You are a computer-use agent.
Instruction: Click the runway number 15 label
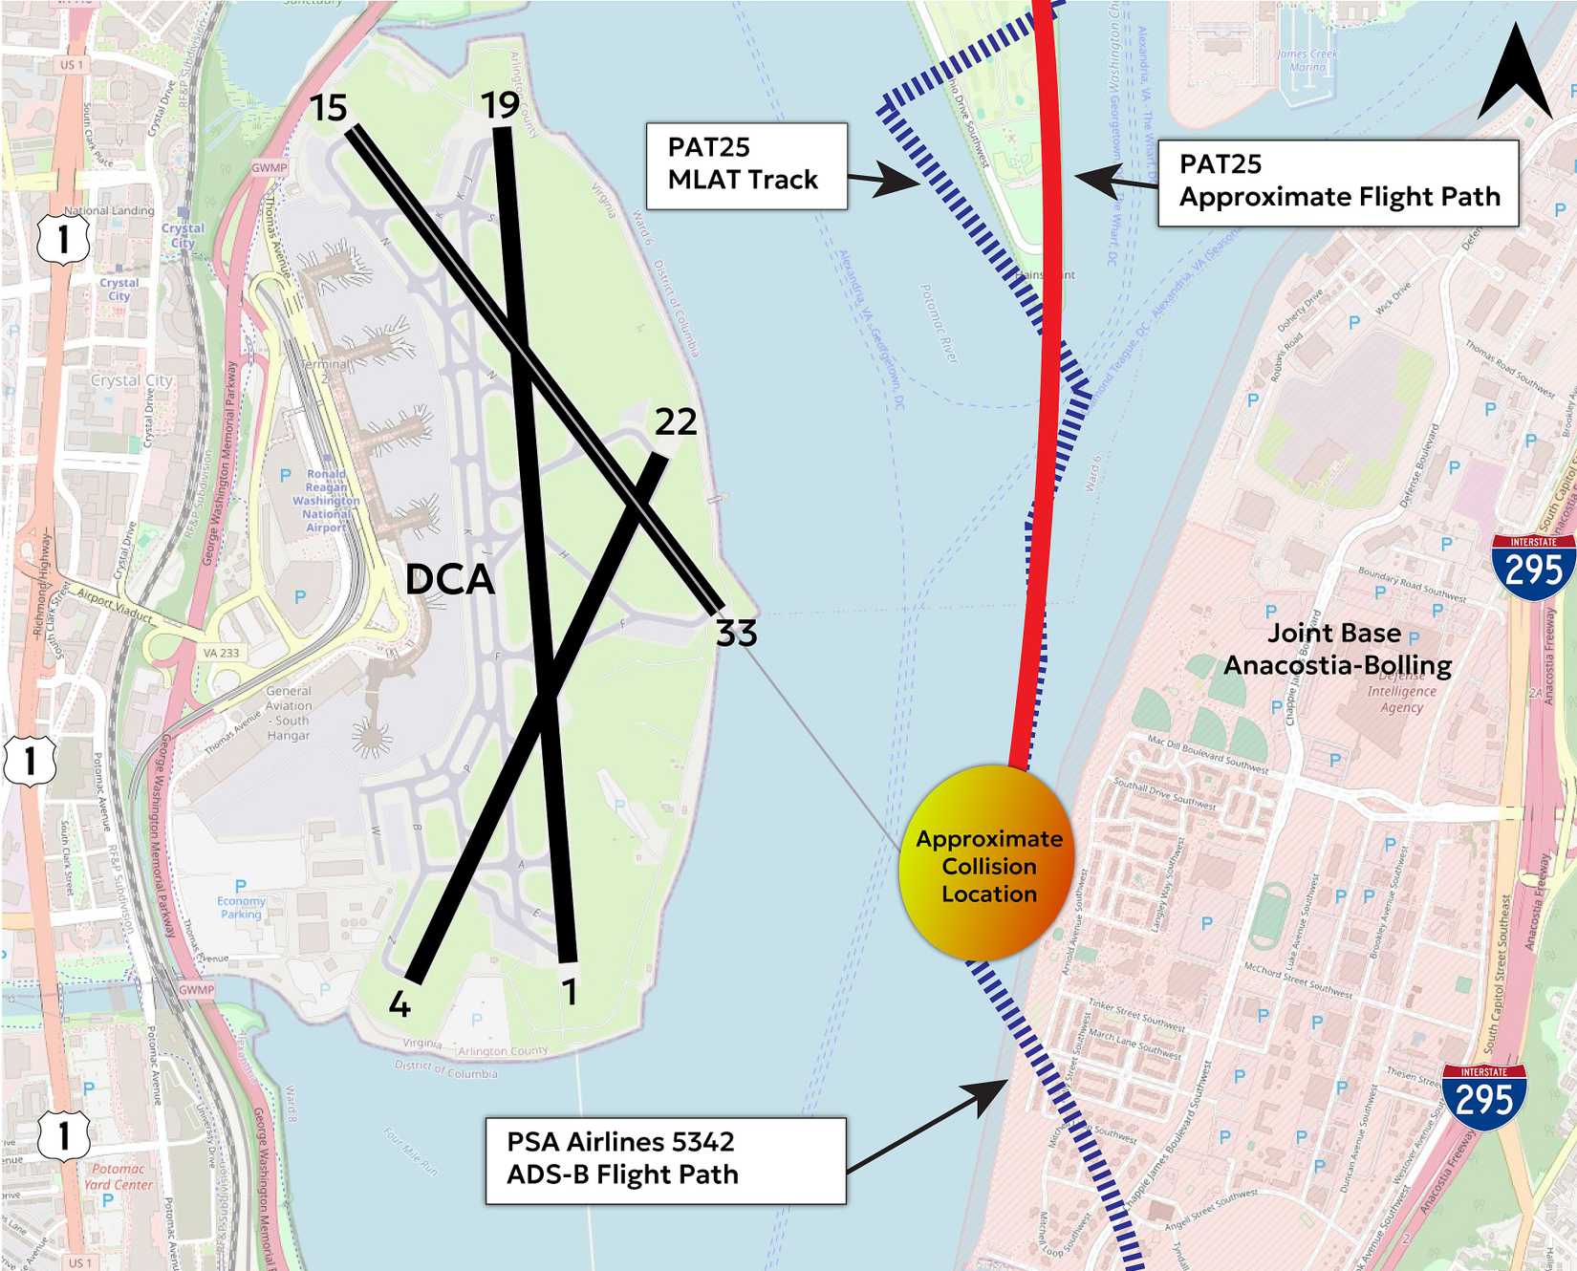coord(329,108)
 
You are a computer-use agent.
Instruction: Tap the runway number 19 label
coord(500,105)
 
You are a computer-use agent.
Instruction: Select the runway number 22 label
coord(676,421)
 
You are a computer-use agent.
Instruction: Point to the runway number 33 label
coord(737,633)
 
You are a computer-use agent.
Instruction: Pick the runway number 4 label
coord(400,1004)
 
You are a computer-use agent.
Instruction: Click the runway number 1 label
coord(570,993)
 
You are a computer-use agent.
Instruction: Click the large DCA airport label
coord(449,579)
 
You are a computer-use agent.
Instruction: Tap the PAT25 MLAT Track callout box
coord(746,165)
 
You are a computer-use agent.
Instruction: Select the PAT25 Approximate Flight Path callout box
coord(1338,183)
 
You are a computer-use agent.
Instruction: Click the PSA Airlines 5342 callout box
coord(666,1159)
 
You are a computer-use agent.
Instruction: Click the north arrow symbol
coord(1514,75)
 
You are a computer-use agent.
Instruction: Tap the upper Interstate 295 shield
coord(1532,568)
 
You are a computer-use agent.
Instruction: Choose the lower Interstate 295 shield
coord(1483,1096)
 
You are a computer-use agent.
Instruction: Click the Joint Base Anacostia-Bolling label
coord(1337,649)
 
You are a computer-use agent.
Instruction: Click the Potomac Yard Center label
coord(118,1176)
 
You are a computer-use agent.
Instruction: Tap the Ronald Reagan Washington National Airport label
coord(326,500)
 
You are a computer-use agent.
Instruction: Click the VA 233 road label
coord(221,653)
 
